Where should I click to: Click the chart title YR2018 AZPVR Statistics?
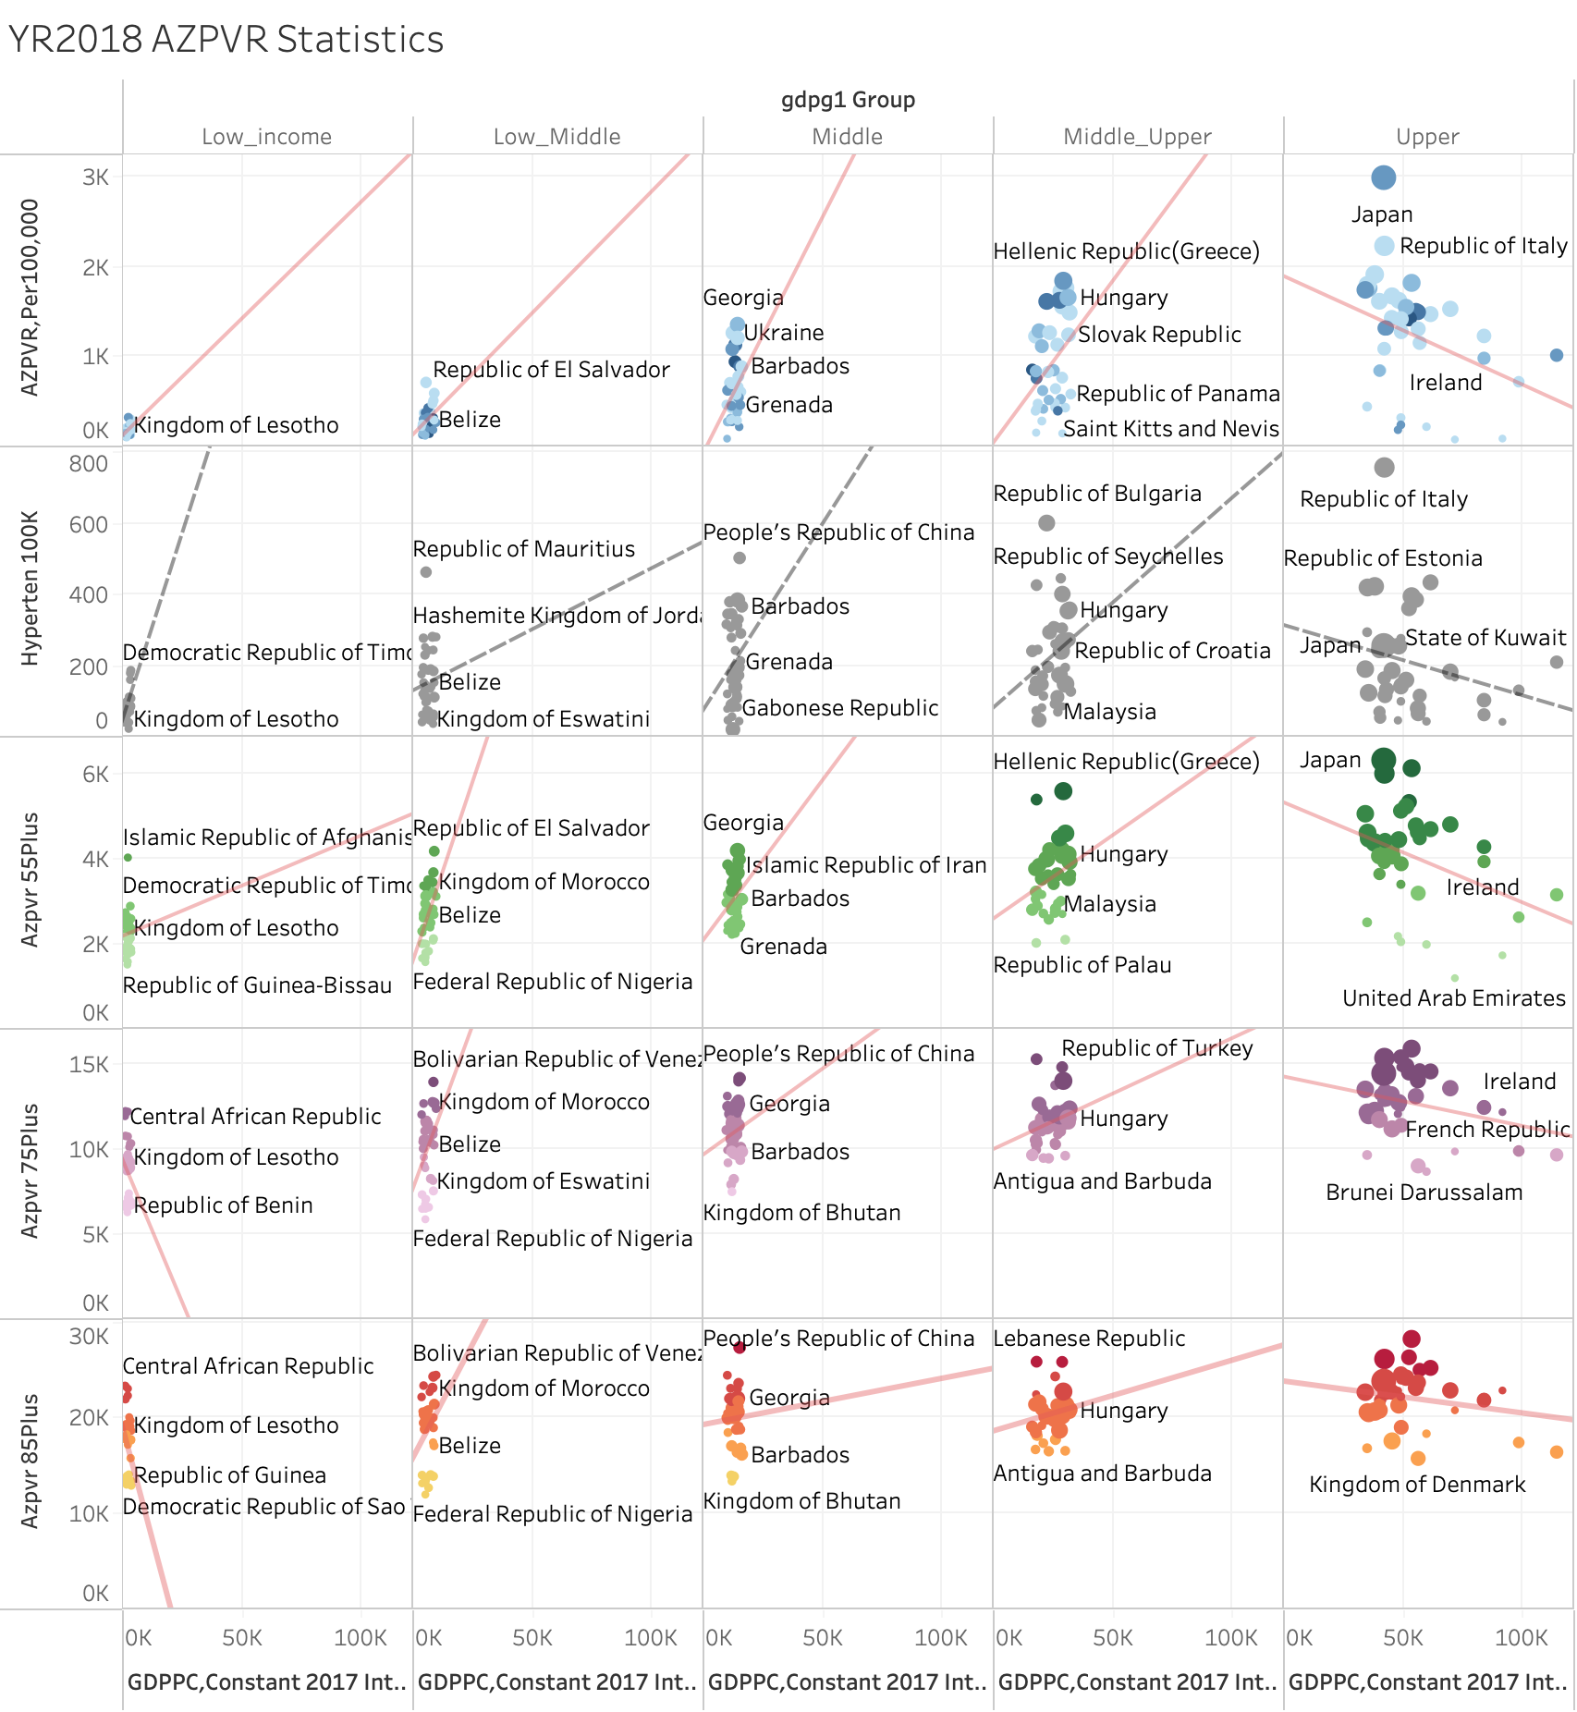[x=226, y=40]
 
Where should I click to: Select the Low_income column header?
[x=266, y=137]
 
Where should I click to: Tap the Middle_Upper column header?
[x=1137, y=137]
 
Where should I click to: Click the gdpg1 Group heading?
[x=848, y=100]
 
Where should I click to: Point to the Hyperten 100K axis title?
[x=31, y=588]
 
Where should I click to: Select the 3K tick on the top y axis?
[x=95, y=177]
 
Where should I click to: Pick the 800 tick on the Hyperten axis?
[x=89, y=464]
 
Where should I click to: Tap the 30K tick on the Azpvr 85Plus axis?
[x=89, y=1337]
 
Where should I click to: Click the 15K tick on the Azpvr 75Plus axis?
[x=89, y=1064]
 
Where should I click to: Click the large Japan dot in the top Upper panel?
[x=1383, y=177]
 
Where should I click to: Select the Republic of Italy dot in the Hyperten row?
[x=1384, y=468]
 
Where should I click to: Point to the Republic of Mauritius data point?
[x=426, y=572]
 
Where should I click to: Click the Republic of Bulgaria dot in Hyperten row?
[x=1046, y=523]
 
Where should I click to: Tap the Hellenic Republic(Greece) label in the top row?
[x=1126, y=251]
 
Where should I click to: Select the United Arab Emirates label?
[x=1453, y=998]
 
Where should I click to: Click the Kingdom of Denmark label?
[x=1417, y=1485]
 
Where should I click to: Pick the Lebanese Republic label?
[x=1089, y=1339]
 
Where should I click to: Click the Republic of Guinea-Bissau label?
[x=257, y=985]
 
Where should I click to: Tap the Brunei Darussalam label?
[x=1424, y=1192]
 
